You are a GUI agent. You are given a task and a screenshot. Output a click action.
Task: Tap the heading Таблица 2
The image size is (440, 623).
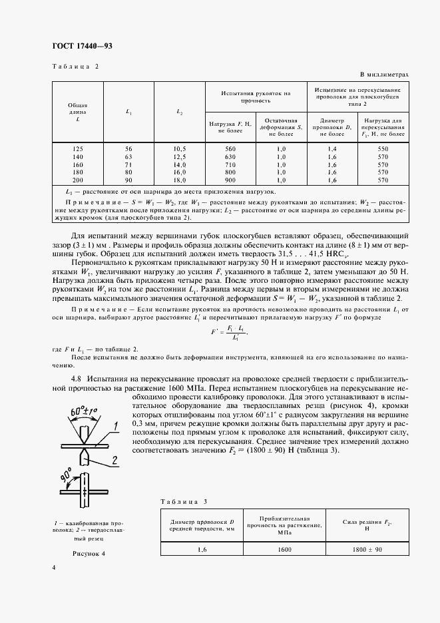75,67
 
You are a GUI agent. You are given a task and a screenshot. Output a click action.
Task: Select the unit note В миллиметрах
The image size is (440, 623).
384,75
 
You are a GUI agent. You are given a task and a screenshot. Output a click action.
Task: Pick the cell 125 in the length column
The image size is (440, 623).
78,148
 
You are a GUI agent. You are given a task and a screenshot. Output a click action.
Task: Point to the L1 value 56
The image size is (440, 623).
129,148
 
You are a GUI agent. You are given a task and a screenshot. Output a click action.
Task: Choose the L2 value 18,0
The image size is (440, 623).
180,180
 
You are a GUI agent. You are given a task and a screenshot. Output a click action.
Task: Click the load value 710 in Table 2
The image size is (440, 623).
231,164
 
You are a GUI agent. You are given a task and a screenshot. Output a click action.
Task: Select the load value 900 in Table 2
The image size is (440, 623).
231,180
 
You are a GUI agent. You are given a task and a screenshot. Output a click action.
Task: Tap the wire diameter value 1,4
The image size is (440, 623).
332,148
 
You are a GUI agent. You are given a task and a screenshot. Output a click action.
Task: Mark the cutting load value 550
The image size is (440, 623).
383,148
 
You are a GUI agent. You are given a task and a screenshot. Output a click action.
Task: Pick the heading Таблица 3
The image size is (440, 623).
186,501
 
